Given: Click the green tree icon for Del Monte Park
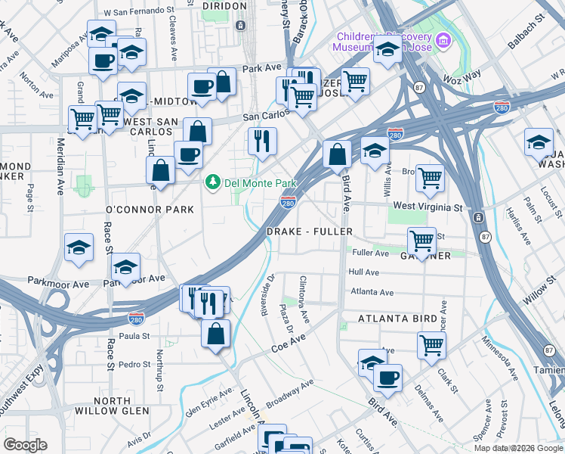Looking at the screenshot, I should pyautogui.click(x=214, y=182).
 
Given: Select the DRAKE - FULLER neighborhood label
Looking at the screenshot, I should pyautogui.click(x=309, y=231).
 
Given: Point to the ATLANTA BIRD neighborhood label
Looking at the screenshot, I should pyautogui.click(x=397, y=319).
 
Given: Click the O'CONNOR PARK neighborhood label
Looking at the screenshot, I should pyautogui.click(x=150, y=209).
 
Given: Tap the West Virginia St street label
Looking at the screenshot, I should pyautogui.click(x=428, y=207).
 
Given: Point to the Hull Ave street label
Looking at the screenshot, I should pyautogui.click(x=363, y=272).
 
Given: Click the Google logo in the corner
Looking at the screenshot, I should pyautogui.click(x=26, y=445).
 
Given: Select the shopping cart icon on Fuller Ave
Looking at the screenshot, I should pyautogui.click(x=421, y=241).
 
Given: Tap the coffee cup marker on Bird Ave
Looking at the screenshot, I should pyautogui.click(x=387, y=377).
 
